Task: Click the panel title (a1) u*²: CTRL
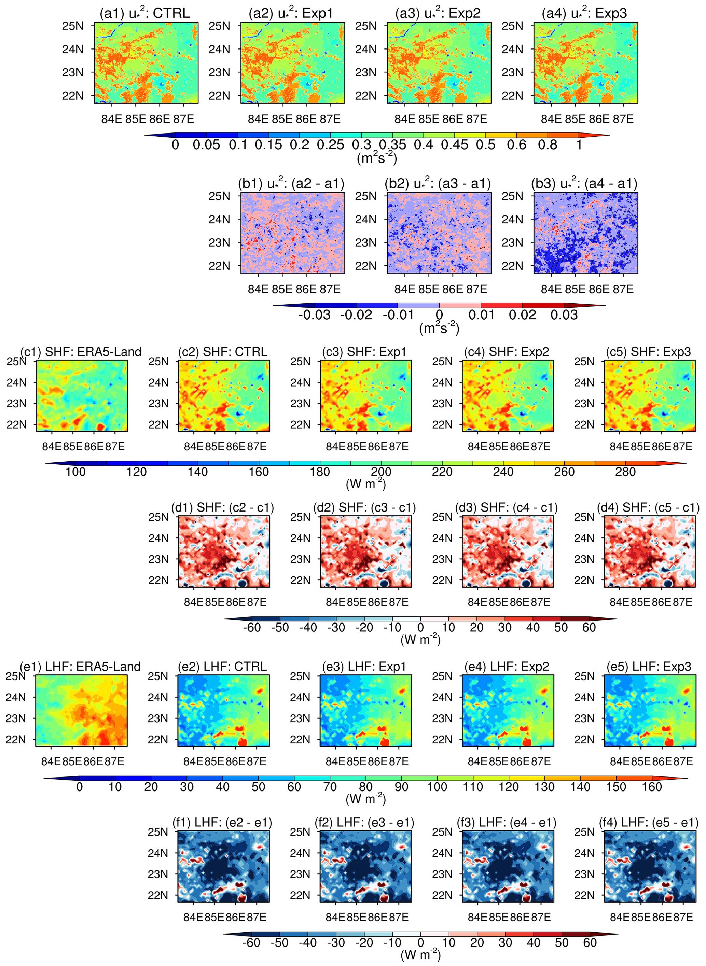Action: [x=144, y=13]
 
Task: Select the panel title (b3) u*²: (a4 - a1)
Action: [x=584, y=183]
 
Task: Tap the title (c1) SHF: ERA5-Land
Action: [x=81, y=352]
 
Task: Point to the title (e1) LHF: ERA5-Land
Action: [x=80, y=666]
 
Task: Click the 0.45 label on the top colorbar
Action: [x=455, y=144]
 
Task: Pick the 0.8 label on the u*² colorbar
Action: [x=548, y=144]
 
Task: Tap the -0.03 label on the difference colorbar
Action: [x=314, y=315]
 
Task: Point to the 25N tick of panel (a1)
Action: [x=73, y=26]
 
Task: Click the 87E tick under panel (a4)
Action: [x=623, y=119]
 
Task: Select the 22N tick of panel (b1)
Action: [x=219, y=266]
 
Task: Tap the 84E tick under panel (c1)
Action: [x=52, y=447]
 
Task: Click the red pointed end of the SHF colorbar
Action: [x=686, y=463]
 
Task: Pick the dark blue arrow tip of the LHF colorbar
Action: [x=44, y=778]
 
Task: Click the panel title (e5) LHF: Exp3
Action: [x=649, y=666]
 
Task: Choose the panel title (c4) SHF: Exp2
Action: [x=507, y=352]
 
